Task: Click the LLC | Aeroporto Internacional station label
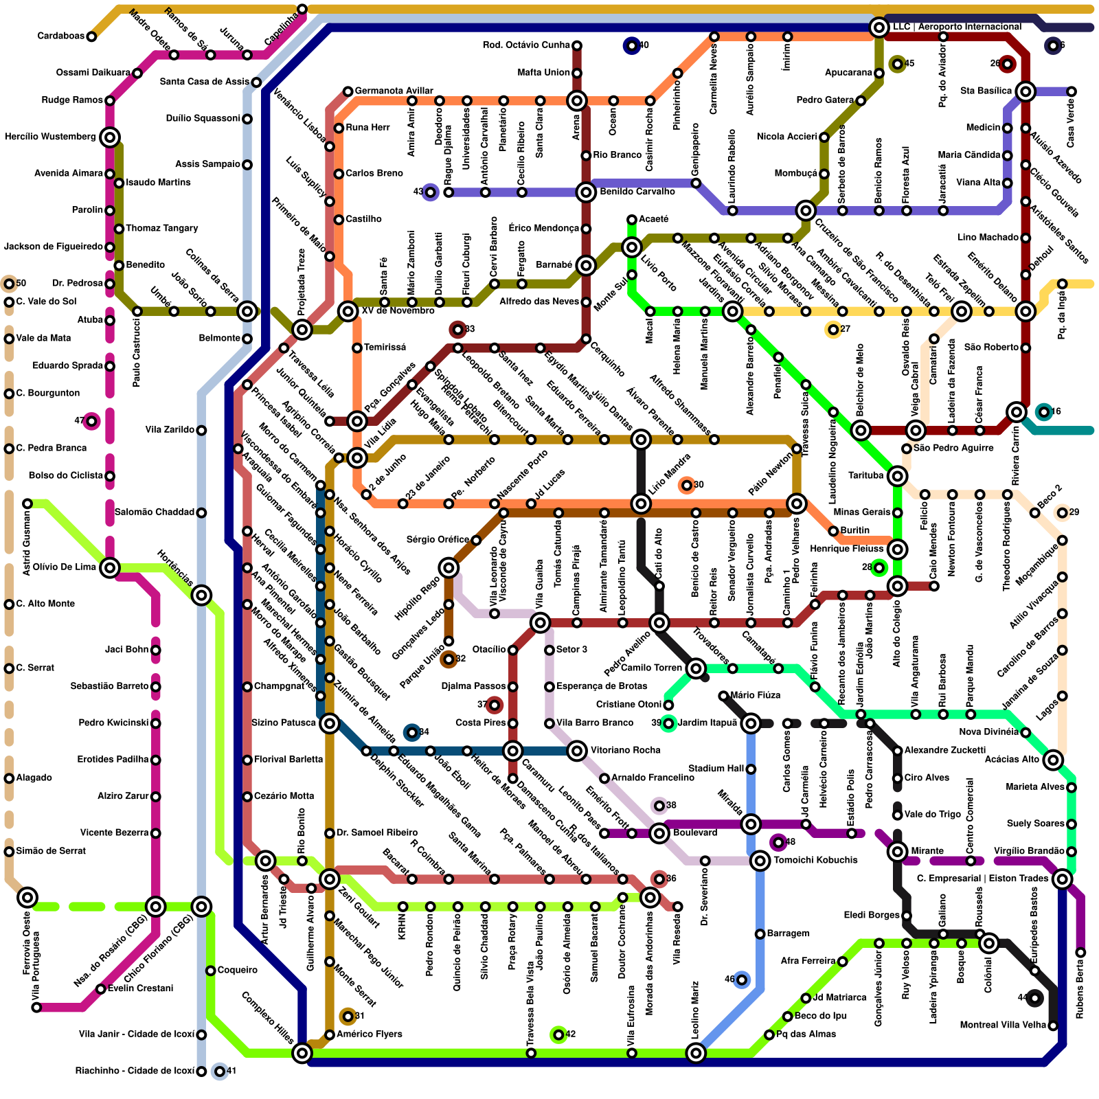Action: (x=956, y=27)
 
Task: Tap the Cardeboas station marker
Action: (x=91, y=36)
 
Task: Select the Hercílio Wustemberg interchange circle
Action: (x=110, y=137)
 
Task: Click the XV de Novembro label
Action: (x=398, y=311)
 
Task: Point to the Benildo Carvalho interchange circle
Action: (x=586, y=192)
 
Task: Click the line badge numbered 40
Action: (x=631, y=46)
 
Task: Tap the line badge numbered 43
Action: (x=430, y=192)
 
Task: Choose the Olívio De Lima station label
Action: (x=65, y=567)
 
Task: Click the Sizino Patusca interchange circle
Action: (x=330, y=723)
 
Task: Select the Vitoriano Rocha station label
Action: (x=625, y=751)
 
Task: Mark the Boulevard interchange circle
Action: (x=659, y=833)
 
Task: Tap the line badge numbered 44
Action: (x=1034, y=998)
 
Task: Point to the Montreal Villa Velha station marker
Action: (x=1053, y=1026)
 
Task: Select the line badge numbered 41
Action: (x=220, y=1072)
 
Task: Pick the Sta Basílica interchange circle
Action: (x=1026, y=91)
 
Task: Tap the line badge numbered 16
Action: (x=1044, y=412)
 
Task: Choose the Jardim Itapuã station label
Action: (x=707, y=723)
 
